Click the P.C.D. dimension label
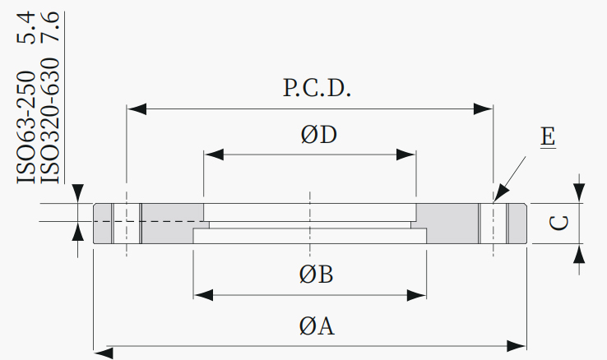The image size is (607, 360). click(317, 88)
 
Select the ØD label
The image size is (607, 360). click(318, 135)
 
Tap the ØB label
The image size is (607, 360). click(317, 275)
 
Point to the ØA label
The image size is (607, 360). click(317, 325)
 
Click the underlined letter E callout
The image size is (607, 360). click(548, 137)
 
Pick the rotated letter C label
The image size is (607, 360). click(559, 223)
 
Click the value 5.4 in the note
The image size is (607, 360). click(26, 27)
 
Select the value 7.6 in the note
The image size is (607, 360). click(50, 26)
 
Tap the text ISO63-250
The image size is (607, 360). click(26, 127)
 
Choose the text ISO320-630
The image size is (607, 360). click(50, 120)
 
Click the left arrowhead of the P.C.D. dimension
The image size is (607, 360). click(137, 109)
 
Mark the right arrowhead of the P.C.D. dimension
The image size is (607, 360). click(483, 109)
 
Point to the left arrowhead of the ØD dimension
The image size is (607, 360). click(214, 155)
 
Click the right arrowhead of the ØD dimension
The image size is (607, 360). click(406, 155)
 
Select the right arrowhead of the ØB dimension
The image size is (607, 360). click(417, 295)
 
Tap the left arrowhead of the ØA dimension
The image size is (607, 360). click(104, 353)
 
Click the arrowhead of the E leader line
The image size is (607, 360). click(502, 193)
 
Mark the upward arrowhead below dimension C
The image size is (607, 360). click(579, 253)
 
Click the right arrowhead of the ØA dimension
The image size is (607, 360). click(517, 347)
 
